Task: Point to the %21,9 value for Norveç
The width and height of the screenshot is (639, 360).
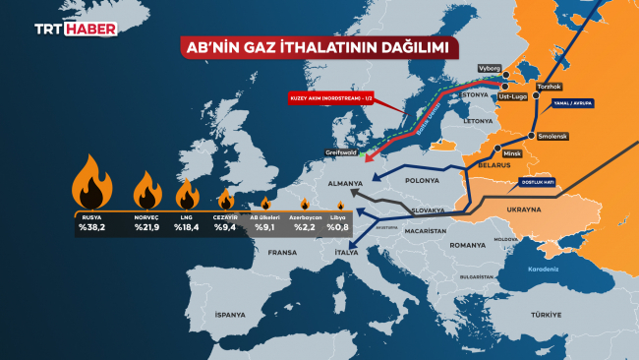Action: [147, 227]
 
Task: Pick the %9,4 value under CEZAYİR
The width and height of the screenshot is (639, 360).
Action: [225, 227]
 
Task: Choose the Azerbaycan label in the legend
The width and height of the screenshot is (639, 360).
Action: [304, 213]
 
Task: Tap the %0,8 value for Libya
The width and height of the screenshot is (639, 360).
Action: [340, 227]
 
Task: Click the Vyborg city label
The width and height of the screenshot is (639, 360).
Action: [490, 68]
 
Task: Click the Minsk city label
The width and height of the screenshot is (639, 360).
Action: [509, 155]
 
